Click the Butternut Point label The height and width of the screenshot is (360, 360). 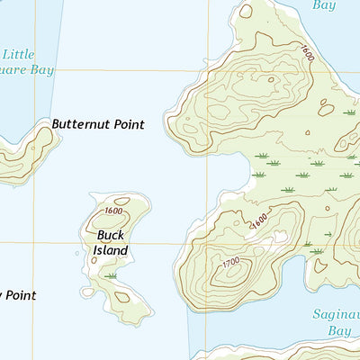[98, 124]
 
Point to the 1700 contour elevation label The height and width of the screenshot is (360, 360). [230, 263]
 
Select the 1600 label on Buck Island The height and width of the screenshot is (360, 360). [113, 211]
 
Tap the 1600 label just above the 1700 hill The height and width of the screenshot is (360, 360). [259, 220]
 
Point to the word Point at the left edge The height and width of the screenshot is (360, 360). [20, 294]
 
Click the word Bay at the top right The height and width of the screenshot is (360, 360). [323, 5]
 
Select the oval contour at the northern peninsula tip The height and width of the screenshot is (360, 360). [245, 13]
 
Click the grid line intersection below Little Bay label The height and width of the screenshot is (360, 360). [35, 71]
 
